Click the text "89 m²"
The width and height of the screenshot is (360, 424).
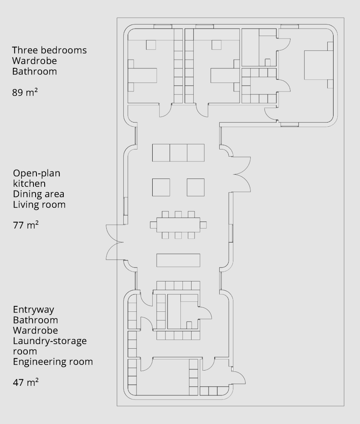tap(24, 92)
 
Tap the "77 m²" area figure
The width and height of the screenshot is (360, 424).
tap(26, 225)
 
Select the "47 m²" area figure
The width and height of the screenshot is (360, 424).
tap(26, 382)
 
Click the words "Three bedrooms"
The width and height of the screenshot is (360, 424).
tap(49, 50)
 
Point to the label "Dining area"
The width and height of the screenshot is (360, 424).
tap(38, 194)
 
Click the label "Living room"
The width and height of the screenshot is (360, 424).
tap(39, 205)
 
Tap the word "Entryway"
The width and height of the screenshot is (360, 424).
tap(34, 309)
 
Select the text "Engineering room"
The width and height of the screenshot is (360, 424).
tap(53, 361)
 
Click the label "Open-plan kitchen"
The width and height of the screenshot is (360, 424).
tap(36, 178)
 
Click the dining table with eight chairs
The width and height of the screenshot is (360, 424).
tap(178, 225)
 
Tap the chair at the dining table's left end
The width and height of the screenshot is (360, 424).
tap(153, 225)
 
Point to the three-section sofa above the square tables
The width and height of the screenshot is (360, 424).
tap(178, 153)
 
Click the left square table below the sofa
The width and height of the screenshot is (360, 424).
tap(161, 187)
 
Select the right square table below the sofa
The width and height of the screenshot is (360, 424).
tap(196, 187)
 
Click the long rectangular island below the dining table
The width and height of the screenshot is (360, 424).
tap(178, 260)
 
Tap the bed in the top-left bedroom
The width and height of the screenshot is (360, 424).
tap(142, 75)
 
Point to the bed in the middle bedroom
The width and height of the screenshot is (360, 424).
tap(225, 75)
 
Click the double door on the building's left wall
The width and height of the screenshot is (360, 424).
tap(115, 242)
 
